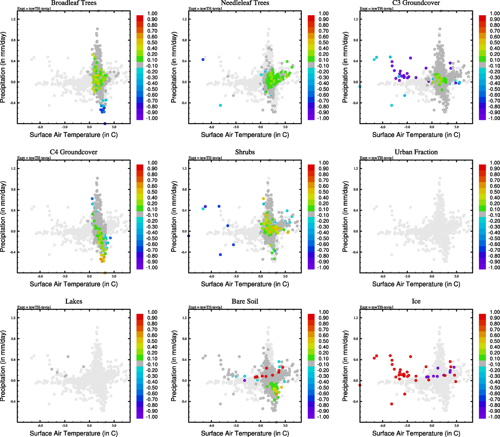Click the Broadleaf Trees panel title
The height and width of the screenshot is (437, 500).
[74, 3]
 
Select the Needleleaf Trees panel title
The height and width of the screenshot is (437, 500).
[245, 3]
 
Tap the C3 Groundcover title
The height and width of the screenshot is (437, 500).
[416, 3]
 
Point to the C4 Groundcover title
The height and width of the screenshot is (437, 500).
[74, 152]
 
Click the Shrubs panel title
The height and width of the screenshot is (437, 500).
[245, 152]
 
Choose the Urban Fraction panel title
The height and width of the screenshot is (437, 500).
[416, 152]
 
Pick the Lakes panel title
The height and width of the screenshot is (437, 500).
[74, 301]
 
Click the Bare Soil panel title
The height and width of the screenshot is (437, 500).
[245, 301]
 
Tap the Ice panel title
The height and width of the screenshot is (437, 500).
[416, 301]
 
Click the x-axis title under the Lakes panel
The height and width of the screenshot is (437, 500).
[74, 433]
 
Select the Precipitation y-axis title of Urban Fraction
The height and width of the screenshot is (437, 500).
[345, 217]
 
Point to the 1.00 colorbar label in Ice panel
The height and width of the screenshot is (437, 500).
[495, 312]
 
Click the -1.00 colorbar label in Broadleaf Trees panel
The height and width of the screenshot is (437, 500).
[152, 118]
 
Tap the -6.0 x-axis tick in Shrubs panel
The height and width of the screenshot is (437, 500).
[211, 276]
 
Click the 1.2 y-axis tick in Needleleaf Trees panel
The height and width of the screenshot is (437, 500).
[184, 19]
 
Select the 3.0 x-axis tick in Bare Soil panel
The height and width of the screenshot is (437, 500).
[285, 425]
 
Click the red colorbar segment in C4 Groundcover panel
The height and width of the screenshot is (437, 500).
[140, 167]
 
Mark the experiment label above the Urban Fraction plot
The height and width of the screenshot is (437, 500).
[377, 158]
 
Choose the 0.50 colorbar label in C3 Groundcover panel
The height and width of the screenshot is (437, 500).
[495, 43]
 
